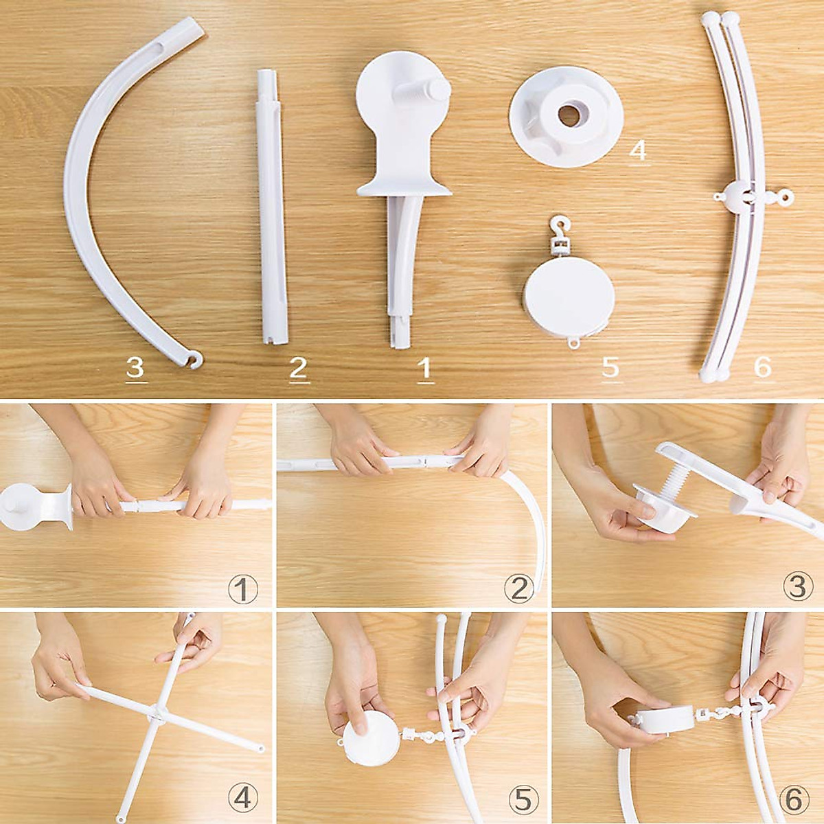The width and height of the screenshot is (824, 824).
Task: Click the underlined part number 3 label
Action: tap(135, 369)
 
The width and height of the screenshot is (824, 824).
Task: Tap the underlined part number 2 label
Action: tap(297, 369)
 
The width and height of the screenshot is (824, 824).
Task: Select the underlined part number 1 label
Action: tap(425, 369)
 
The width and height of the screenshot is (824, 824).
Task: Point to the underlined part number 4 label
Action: tap(638, 150)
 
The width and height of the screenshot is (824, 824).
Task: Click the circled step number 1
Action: tap(242, 588)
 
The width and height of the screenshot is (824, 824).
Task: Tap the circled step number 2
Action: tap(518, 588)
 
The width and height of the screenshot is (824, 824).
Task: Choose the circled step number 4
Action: tap(242, 799)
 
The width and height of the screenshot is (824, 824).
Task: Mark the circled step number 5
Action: tap(518, 799)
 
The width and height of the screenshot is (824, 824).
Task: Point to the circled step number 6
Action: tap(796, 799)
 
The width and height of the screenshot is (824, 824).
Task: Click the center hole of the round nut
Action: tap(567, 116)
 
